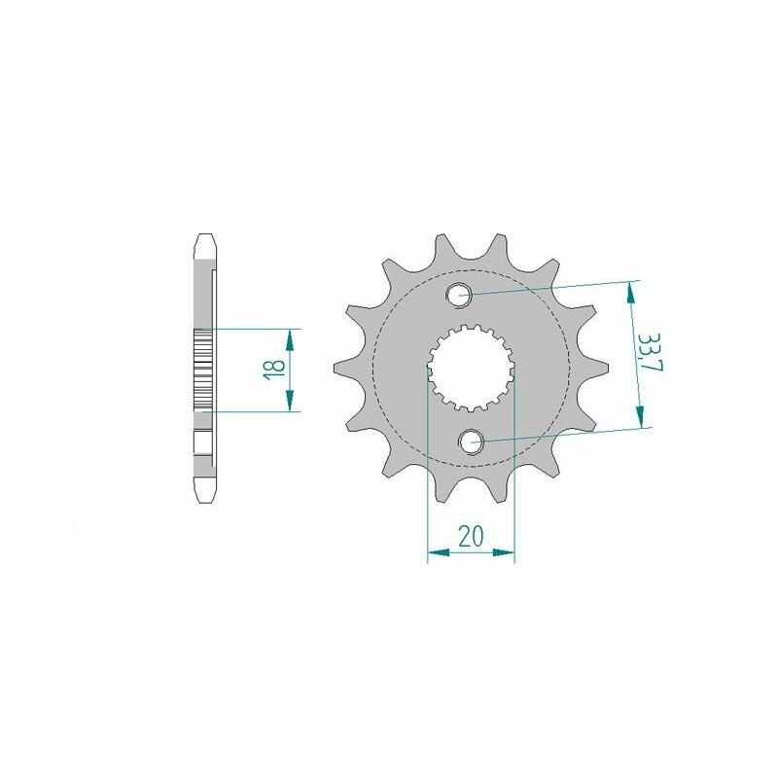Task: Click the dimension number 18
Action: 275,370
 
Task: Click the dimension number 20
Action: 471,536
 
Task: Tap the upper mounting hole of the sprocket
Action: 458,296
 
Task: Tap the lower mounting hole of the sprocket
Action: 471,442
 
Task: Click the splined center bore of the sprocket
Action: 471,369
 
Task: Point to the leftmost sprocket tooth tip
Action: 335,368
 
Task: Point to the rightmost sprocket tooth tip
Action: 607,368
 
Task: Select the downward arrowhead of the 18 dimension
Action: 290,401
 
